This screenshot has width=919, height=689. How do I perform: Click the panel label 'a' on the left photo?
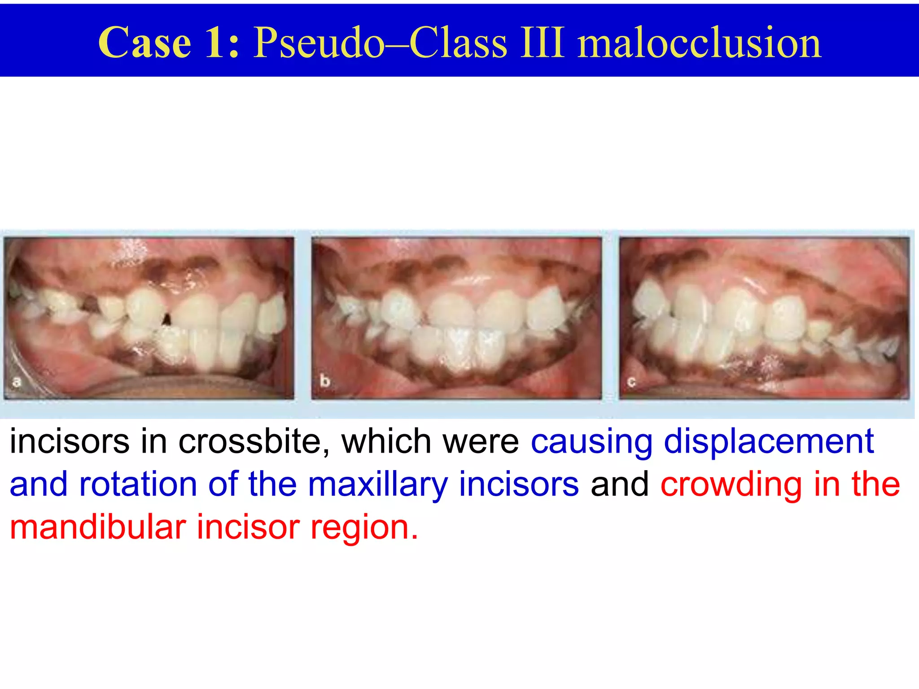(x=17, y=382)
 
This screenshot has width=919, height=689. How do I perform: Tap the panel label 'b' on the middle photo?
(x=324, y=381)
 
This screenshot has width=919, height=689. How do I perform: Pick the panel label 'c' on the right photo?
(x=632, y=382)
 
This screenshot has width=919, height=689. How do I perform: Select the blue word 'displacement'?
(x=769, y=442)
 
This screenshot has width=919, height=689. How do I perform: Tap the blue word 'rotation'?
(x=138, y=484)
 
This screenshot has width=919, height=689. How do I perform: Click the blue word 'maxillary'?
(x=378, y=485)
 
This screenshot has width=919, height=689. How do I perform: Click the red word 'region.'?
(x=364, y=528)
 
